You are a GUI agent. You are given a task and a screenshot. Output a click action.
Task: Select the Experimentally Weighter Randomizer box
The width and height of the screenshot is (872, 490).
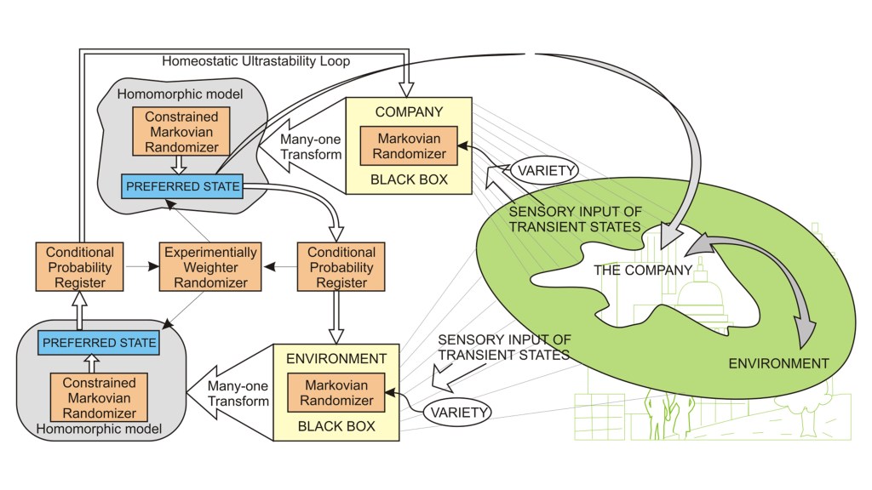pos(210,267)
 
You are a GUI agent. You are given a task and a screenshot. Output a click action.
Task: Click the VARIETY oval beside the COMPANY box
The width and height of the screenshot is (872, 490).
pos(545,170)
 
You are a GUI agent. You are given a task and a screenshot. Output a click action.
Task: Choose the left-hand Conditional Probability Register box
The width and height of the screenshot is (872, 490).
pos(80,267)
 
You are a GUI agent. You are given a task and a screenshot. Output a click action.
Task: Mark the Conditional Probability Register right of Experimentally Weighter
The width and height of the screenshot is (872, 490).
pos(341,267)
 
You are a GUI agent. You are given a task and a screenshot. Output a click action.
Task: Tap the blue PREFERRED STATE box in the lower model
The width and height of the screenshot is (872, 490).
pos(100,344)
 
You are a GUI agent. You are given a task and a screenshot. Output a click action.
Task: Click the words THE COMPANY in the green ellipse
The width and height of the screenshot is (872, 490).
pos(643,271)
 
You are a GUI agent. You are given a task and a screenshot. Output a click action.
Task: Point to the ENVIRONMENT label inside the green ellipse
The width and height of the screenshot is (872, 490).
pos(778,363)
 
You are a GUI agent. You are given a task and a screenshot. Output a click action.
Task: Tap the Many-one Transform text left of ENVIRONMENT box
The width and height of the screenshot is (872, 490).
pos(238,392)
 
